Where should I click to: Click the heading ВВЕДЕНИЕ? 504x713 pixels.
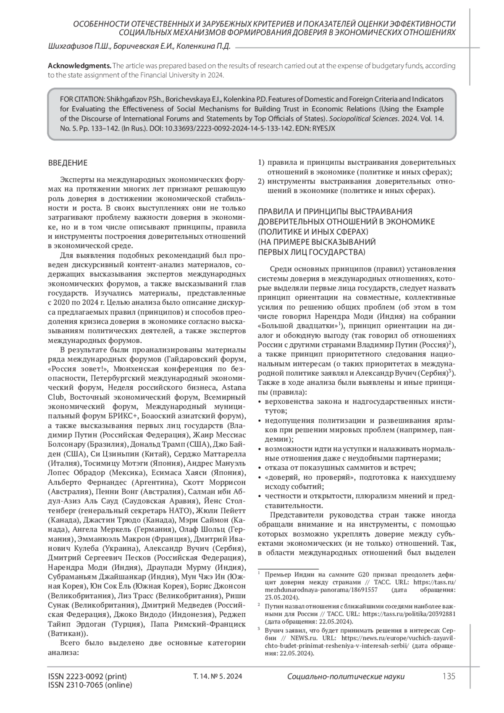click(x=68, y=163)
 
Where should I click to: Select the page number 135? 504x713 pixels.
click(x=449, y=676)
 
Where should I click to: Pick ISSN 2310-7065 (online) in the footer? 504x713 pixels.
click(x=90, y=685)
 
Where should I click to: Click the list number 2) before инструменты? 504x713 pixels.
click(x=261, y=182)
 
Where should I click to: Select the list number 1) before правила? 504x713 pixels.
click(x=261, y=162)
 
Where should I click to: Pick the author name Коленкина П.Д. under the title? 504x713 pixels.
click(x=204, y=47)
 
